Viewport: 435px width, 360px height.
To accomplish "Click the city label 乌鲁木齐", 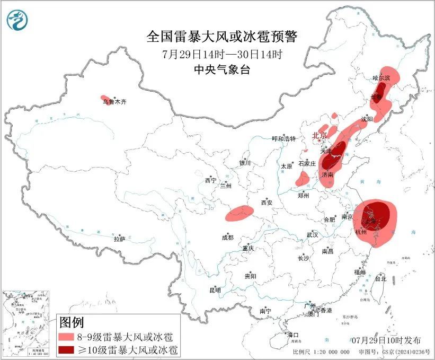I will (x=114, y=102).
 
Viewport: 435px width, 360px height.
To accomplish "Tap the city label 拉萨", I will (x=119, y=239).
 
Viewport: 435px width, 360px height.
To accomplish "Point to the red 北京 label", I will (x=319, y=135).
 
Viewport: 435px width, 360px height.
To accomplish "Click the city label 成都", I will (x=228, y=238).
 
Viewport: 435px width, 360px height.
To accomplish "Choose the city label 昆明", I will (x=215, y=290).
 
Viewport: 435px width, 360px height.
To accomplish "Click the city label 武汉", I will (x=312, y=234).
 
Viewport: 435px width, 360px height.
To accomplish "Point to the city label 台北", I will (x=380, y=278).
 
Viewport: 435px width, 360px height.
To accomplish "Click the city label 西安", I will (x=266, y=203).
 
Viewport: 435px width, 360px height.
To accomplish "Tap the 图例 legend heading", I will (x=71, y=322).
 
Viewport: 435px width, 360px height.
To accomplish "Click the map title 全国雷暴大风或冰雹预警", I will (x=222, y=37).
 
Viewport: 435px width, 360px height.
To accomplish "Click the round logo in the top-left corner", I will (x=18, y=20).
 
